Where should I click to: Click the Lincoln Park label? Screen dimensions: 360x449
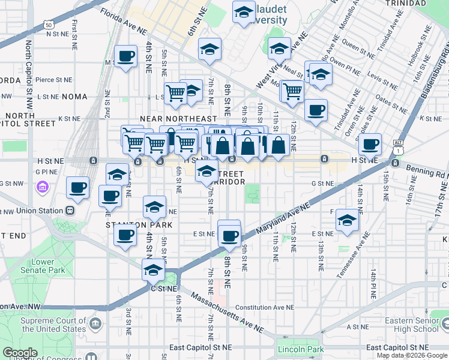click(x=301, y=349)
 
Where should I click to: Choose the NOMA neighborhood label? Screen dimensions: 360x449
click(x=70, y=97)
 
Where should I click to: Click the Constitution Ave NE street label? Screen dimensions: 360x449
click(x=265, y=307)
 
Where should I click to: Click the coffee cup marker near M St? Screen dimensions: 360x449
click(x=125, y=57)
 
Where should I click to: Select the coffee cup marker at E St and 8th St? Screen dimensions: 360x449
click(x=229, y=233)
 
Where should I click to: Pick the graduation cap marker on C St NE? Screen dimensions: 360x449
click(x=154, y=270)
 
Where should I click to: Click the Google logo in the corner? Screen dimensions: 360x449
click(x=20, y=353)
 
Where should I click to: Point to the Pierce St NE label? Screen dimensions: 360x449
click(x=53, y=79)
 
